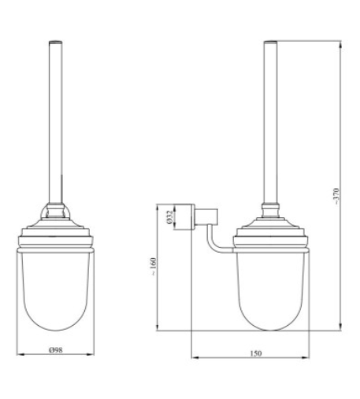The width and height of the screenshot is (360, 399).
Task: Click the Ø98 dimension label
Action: (56, 349)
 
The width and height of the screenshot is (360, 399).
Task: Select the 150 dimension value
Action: (255, 353)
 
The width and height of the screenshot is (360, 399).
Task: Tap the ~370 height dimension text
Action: (336, 196)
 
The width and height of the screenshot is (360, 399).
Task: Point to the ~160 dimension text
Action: (153, 266)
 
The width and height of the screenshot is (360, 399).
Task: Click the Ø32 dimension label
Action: (169, 217)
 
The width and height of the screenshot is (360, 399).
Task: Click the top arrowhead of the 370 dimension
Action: (340, 45)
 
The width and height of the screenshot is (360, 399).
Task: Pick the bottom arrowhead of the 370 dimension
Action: (340, 327)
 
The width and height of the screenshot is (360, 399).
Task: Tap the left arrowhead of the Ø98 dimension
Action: (20, 354)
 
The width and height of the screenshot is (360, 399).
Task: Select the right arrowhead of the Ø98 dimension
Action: (90, 354)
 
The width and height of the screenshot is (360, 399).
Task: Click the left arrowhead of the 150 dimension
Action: (195, 357)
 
